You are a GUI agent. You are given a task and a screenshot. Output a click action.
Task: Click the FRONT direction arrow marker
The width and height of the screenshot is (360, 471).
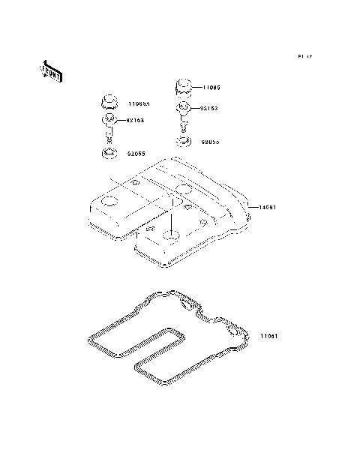click(x=51, y=72)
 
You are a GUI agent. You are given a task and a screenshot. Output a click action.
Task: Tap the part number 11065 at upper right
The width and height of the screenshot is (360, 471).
click(x=211, y=88)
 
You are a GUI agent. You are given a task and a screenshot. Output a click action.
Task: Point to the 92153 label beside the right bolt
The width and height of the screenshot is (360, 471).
click(x=210, y=108)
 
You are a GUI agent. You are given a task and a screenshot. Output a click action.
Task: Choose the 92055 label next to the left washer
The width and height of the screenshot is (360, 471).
click(x=136, y=154)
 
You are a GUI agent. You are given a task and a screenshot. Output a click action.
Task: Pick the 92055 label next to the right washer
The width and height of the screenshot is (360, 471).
click(x=211, y=140)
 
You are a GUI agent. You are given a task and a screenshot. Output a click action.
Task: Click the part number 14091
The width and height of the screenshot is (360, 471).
click(x=269, y=207)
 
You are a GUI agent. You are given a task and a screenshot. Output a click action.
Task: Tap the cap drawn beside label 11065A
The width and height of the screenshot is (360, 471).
click(x=109, y=101)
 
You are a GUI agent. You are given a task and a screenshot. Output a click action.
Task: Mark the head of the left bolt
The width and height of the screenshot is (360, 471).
click(x=109, y=120)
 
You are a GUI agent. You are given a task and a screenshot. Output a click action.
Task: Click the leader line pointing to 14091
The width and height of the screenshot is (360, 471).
click(x=253, y=207)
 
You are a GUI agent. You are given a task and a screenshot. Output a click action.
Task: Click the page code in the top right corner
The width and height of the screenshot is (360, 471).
click(x=304, y=56)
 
